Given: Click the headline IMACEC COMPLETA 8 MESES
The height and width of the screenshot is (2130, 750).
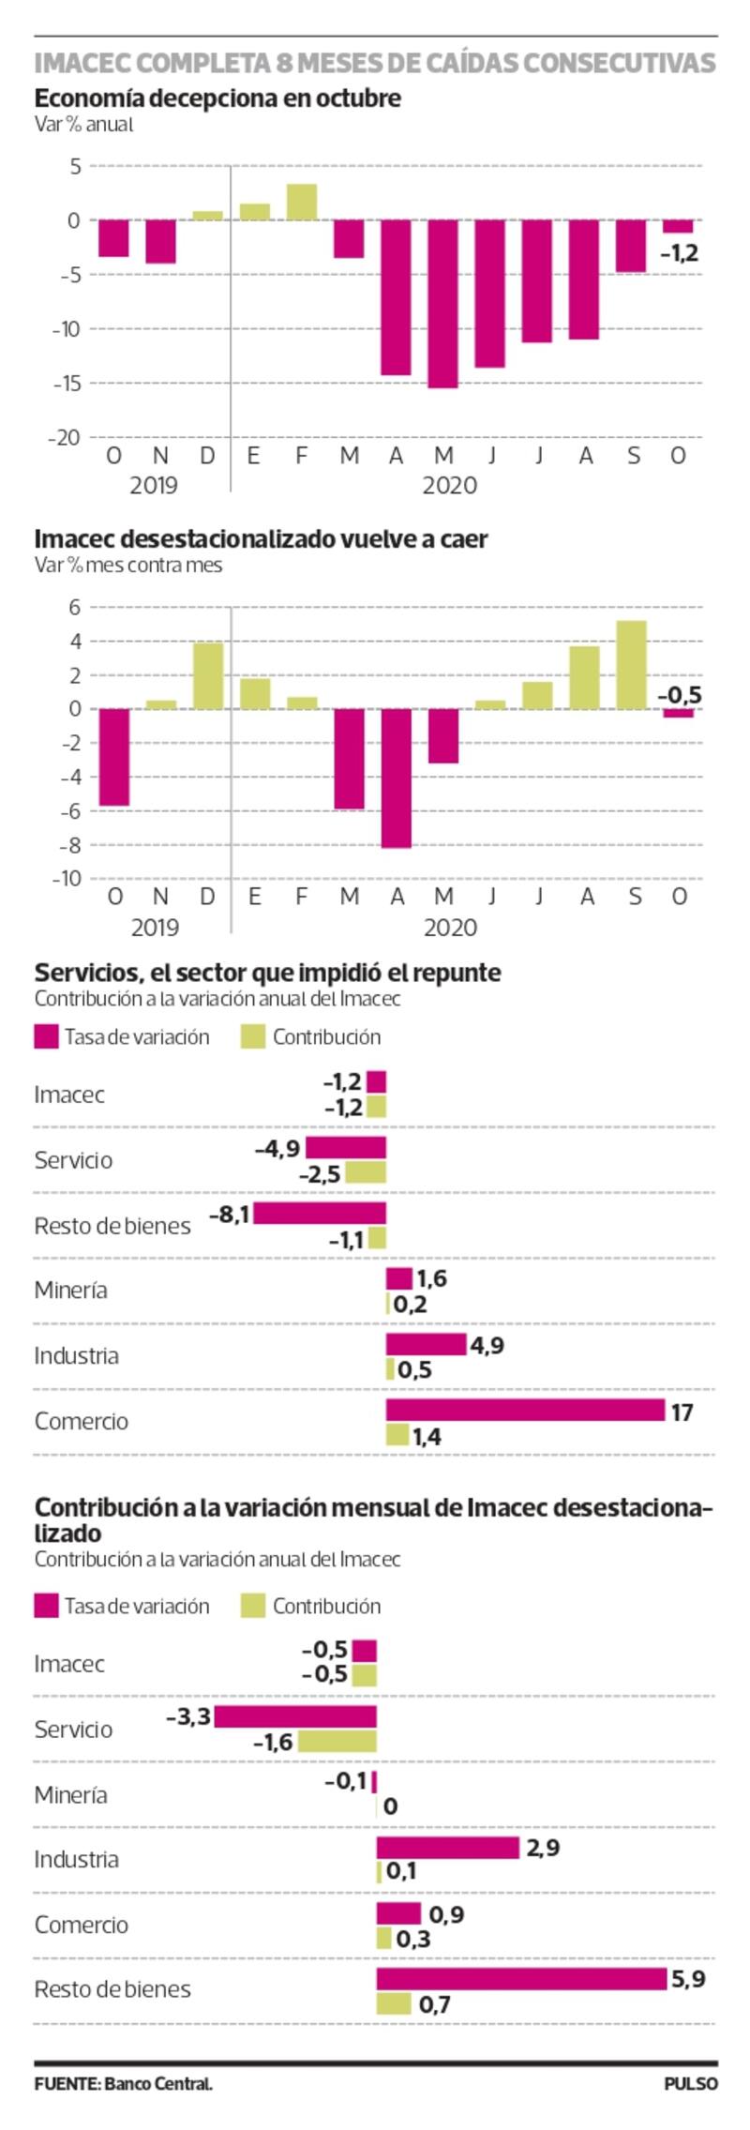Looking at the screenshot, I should (x=375, y=63).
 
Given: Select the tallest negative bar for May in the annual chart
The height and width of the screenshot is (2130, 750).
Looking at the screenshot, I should (x=442, y=304).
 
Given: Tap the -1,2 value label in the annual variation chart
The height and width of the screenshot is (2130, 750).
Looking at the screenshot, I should (x=680, y=253).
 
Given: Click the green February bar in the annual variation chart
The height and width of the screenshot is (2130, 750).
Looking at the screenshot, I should (x=302, y=203).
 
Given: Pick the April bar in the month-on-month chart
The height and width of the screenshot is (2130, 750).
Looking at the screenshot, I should (x=397, y=778).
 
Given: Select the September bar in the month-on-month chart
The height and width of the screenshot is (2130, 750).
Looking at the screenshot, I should (x=632, y=664).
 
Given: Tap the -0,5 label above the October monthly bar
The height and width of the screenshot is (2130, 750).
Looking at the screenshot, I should (x=680, y=696).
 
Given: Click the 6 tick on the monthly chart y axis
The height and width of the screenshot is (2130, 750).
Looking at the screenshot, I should (x=74, y=607).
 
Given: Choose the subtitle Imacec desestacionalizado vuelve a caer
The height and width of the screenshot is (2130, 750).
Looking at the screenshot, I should (x=261, y=539).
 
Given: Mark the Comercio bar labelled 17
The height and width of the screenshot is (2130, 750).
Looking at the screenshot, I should (x=525, y=1410).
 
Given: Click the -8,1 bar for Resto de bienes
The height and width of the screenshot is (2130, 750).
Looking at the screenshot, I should (x=320, y=1213).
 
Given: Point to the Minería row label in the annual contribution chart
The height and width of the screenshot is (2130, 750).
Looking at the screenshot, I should (x=70, y=1290).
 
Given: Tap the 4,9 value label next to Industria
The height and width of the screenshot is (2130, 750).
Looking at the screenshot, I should (x=487, y=1345).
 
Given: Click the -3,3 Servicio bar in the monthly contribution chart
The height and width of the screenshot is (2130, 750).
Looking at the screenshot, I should (x=295, y=1716).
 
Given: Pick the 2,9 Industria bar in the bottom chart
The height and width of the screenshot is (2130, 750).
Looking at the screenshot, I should (x=447, y=1848).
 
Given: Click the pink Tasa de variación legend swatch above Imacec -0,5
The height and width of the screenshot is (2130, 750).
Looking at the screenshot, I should (x=46, y=1606).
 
